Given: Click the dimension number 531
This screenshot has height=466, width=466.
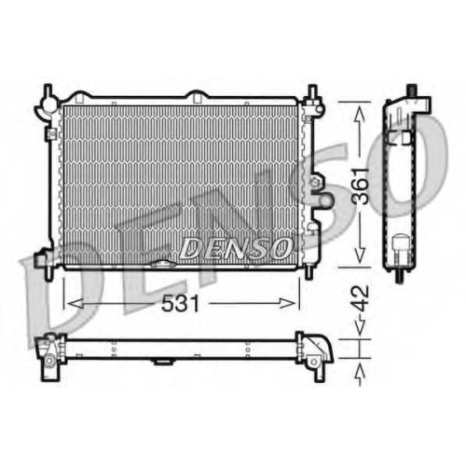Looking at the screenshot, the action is (180, 303).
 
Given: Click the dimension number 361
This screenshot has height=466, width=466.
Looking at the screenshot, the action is (361, 186).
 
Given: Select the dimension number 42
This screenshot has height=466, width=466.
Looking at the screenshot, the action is (362, 298).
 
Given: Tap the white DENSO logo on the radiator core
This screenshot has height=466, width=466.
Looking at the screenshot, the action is (236, 248).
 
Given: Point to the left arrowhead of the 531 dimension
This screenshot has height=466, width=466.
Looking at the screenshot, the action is (75, 303).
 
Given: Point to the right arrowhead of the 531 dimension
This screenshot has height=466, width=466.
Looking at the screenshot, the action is (287, 303).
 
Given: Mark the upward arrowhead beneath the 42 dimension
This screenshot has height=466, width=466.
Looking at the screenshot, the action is (360, 371).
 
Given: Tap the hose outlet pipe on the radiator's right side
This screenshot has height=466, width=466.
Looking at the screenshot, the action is (323, 199).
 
